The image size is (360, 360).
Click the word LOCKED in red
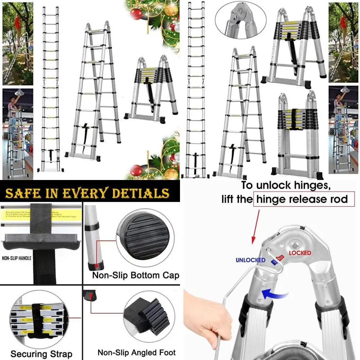click(300, 253)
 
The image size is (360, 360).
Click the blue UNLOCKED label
click(250, 260)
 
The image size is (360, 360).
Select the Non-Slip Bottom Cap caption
click(136, 276)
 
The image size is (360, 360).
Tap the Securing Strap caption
click(41, 354)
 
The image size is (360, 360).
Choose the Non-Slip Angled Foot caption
click(137, 353)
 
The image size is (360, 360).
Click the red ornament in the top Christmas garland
click(136, 15)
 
